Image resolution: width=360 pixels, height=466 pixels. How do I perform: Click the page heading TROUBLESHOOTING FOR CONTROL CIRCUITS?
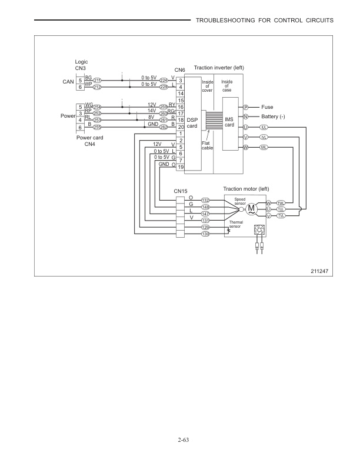pyautogui.click(x=264, y=21)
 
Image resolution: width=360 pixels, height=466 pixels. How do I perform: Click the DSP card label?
pyautogui.click(x=192, y=123)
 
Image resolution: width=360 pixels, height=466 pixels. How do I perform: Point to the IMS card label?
pyautogui.click(x=230, y=121)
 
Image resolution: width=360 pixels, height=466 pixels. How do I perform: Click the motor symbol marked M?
pyautogui.click(x=252, y=208)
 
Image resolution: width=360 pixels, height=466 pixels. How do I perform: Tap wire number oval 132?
pyautogui.click(x=206, y=201)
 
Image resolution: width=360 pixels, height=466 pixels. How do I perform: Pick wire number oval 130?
pyautogui.click(x=206, y=234)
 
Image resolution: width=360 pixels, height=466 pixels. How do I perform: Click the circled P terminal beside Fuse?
pyautogui.click(x=245, y=108)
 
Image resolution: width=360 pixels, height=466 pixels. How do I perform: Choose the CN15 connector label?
pyautogui.click(x=181, y=191)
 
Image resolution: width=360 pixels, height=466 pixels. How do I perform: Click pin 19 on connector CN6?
pyautogui.click(x=181, y=167)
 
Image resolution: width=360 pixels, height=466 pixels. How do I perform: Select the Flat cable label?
pyautogui.click(x=207, y=145)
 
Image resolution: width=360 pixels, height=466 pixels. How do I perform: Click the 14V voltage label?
pyautogui.click(x=151, y=110)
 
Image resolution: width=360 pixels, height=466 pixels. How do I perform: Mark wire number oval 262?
pyautogui.click(x=164, y=126)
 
